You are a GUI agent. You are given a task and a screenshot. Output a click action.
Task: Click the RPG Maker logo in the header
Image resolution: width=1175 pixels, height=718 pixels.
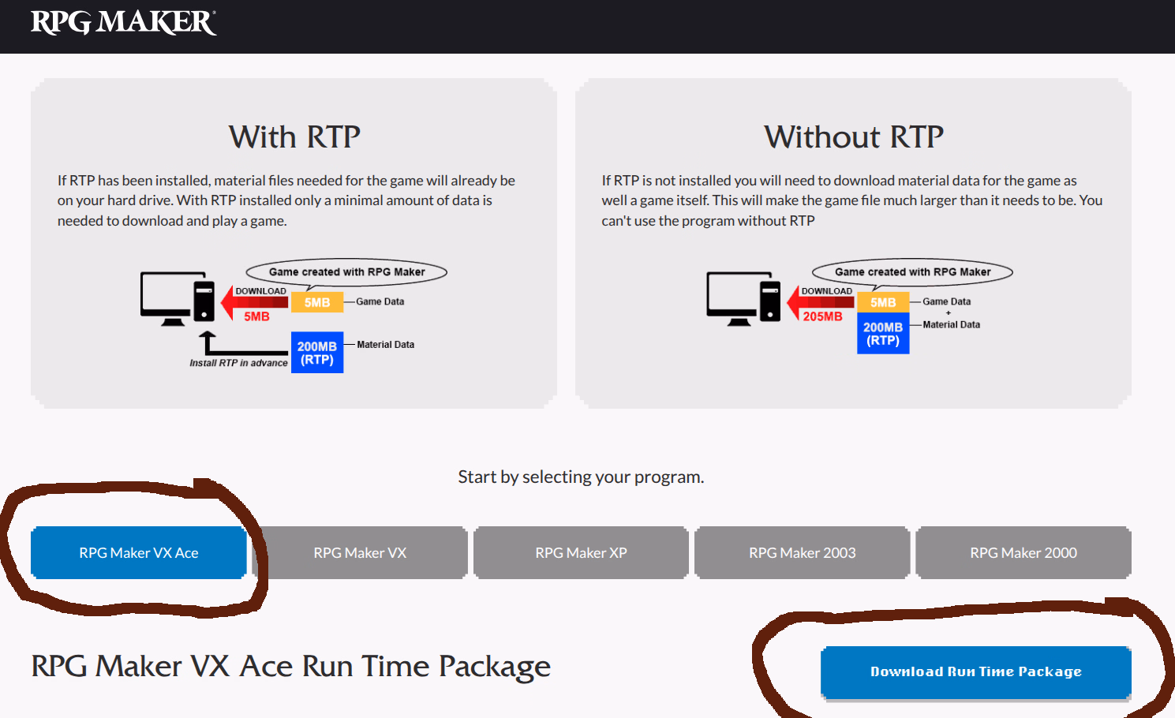[123, 22]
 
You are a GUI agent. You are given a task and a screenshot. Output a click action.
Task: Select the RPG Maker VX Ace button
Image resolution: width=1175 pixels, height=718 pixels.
[138, 552]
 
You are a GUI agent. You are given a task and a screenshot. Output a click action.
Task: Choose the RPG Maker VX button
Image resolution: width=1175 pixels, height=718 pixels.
[360, 552]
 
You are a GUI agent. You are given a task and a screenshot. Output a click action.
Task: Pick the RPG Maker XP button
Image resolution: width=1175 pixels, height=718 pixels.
[581, 552]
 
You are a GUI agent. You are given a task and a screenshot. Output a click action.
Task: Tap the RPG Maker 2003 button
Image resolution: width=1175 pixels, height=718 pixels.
[802, 552]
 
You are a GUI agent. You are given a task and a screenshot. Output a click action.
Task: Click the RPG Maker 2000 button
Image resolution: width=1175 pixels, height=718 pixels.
[1023, 552]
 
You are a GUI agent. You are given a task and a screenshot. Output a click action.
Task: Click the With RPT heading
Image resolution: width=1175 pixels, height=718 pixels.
[294, 137]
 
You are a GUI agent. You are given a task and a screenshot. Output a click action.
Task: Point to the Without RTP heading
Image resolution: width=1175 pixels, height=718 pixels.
[853, 137]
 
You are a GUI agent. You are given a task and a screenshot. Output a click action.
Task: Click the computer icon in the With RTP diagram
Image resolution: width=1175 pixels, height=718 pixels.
[177, 298]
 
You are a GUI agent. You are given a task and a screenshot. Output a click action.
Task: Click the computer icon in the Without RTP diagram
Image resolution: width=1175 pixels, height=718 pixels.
[743, 298]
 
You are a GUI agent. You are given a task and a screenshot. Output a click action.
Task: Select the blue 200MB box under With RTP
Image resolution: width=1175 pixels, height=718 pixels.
[317, 353]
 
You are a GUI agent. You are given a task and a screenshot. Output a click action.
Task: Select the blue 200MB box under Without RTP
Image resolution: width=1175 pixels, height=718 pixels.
[883, 334]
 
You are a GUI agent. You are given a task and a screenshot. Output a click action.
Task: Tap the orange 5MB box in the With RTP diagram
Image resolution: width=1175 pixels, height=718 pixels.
[317, 302]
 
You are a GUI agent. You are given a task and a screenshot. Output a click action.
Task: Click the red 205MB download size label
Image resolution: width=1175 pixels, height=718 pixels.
[822, 316]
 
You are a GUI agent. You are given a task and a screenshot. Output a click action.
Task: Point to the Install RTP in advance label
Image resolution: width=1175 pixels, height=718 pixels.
[238, 363]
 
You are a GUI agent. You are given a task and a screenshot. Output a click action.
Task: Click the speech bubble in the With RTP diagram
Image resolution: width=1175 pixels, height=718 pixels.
[346, 272]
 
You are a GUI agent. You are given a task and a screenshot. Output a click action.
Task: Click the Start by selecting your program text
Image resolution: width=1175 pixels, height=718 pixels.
[581, 477]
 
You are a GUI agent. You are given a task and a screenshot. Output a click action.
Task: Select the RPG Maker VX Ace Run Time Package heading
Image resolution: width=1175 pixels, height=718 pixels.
[290, 667]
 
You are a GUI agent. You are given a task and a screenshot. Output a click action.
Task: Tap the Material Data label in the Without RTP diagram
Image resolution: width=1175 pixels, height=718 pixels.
[951, 324]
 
